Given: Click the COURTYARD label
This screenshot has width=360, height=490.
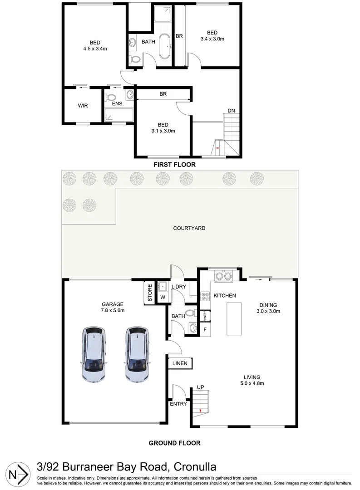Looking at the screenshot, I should (x=189, y=228).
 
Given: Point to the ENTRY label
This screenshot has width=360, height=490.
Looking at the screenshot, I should (x=178, y=404).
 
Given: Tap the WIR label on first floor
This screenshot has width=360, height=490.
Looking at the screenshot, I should (x=83, y=105).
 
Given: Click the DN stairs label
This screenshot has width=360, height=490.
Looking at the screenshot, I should (x=231, y=111).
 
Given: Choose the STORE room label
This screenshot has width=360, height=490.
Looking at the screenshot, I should (x=149, y=293).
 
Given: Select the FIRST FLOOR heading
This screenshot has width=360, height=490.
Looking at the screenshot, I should (x=174, y=165).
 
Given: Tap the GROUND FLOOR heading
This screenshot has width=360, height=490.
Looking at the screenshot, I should (x=174, y=443).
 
